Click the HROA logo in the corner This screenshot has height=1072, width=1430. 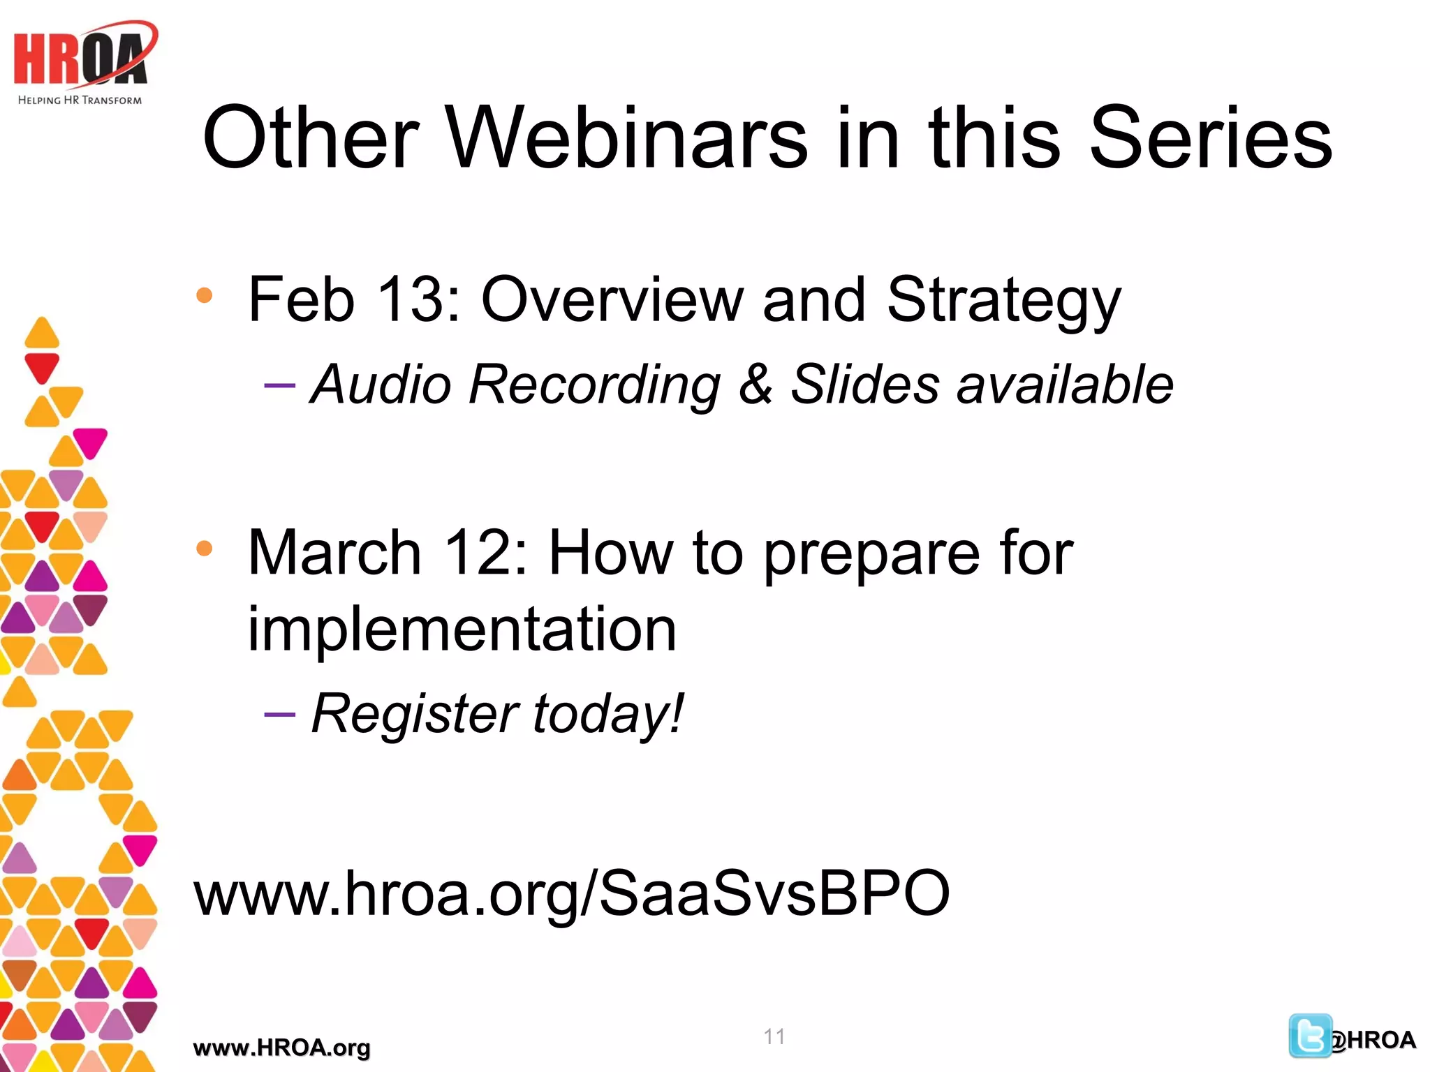coord(82,56)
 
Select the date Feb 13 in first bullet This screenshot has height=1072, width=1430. coord(353,300)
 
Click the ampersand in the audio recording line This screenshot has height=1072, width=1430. coord(755,385)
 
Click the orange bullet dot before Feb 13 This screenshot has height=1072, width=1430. coord(204,296)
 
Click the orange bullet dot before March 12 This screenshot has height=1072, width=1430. coord(204,549)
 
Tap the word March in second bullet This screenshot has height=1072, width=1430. coord(334,553)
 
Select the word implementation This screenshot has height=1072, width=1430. coord(462,629)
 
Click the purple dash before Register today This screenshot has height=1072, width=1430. coord(280,715)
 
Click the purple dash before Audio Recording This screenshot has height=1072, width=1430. coord(280,385)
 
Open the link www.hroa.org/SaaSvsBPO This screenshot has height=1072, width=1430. coord(571,894)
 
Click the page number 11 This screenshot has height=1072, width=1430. coord(774,1036)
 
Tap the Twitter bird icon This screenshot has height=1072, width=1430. coord(1309,1036)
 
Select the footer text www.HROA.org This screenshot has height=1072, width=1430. coord(281,1048)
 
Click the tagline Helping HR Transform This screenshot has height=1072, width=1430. coord(80,100)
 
